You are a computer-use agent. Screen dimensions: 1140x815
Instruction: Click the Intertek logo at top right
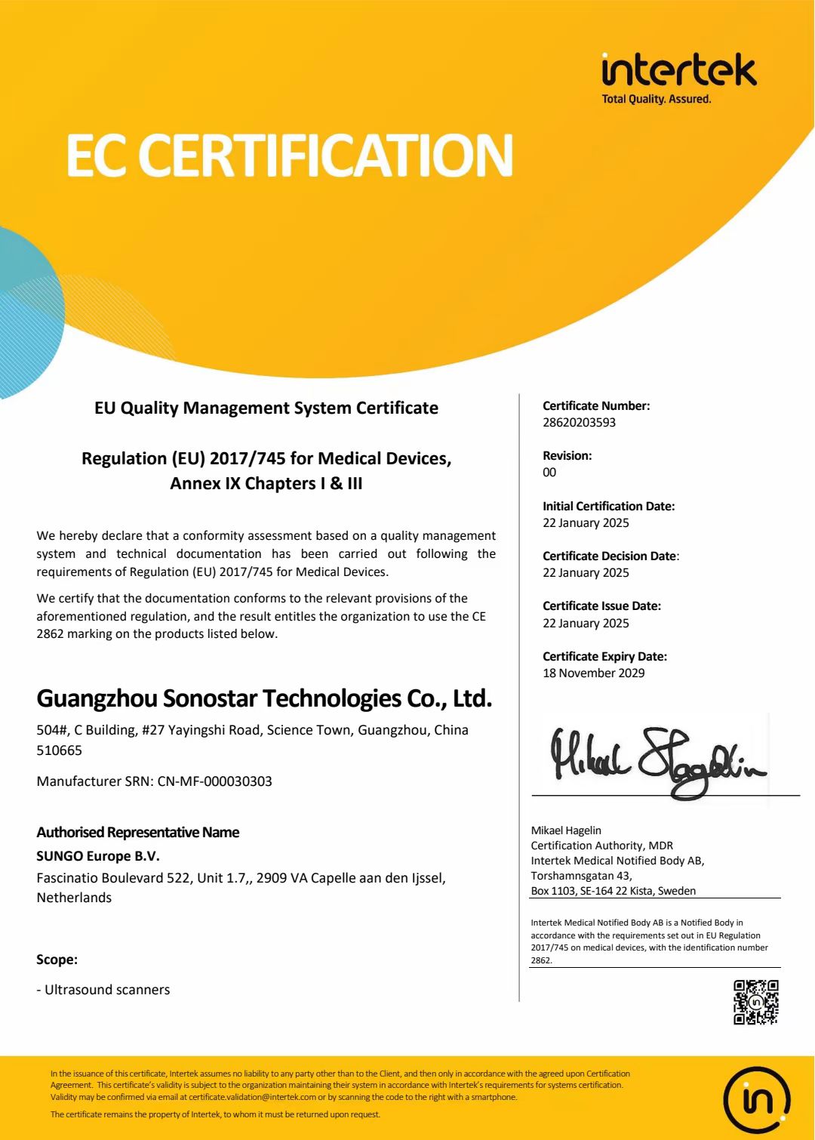pos(678,71)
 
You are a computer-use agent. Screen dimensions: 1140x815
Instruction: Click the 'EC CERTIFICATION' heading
pos(290,156)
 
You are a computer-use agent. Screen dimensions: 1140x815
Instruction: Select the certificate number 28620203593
pos(579,423)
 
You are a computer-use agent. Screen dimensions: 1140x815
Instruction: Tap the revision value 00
pos(549,473)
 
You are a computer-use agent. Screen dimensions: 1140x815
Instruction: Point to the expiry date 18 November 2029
pos(593,673)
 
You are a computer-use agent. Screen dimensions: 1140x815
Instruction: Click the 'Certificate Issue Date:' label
pos(601,606)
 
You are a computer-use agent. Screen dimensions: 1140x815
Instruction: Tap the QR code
pos(755,1002)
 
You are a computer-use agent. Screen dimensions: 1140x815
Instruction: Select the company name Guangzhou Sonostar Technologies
pos(264,698)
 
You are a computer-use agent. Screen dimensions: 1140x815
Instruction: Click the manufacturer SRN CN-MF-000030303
pos(214,781)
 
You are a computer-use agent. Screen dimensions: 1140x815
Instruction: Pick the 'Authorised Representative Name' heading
pos(138,833)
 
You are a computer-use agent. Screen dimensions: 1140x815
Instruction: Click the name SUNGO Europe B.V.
pos(98,856)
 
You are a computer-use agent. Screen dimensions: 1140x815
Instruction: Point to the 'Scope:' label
pos(57,960)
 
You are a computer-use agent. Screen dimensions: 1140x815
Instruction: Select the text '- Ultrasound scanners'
pos(103,990)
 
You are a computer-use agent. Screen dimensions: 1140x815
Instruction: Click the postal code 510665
pos(59,750)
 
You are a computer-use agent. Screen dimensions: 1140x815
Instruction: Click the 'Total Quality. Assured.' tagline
pos(656,99)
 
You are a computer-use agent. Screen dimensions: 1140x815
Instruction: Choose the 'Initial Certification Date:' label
pos(608,507)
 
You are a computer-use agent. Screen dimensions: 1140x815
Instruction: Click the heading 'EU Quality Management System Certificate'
pos(266,408)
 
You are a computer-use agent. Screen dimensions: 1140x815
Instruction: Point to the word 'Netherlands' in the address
pos(74,898)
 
